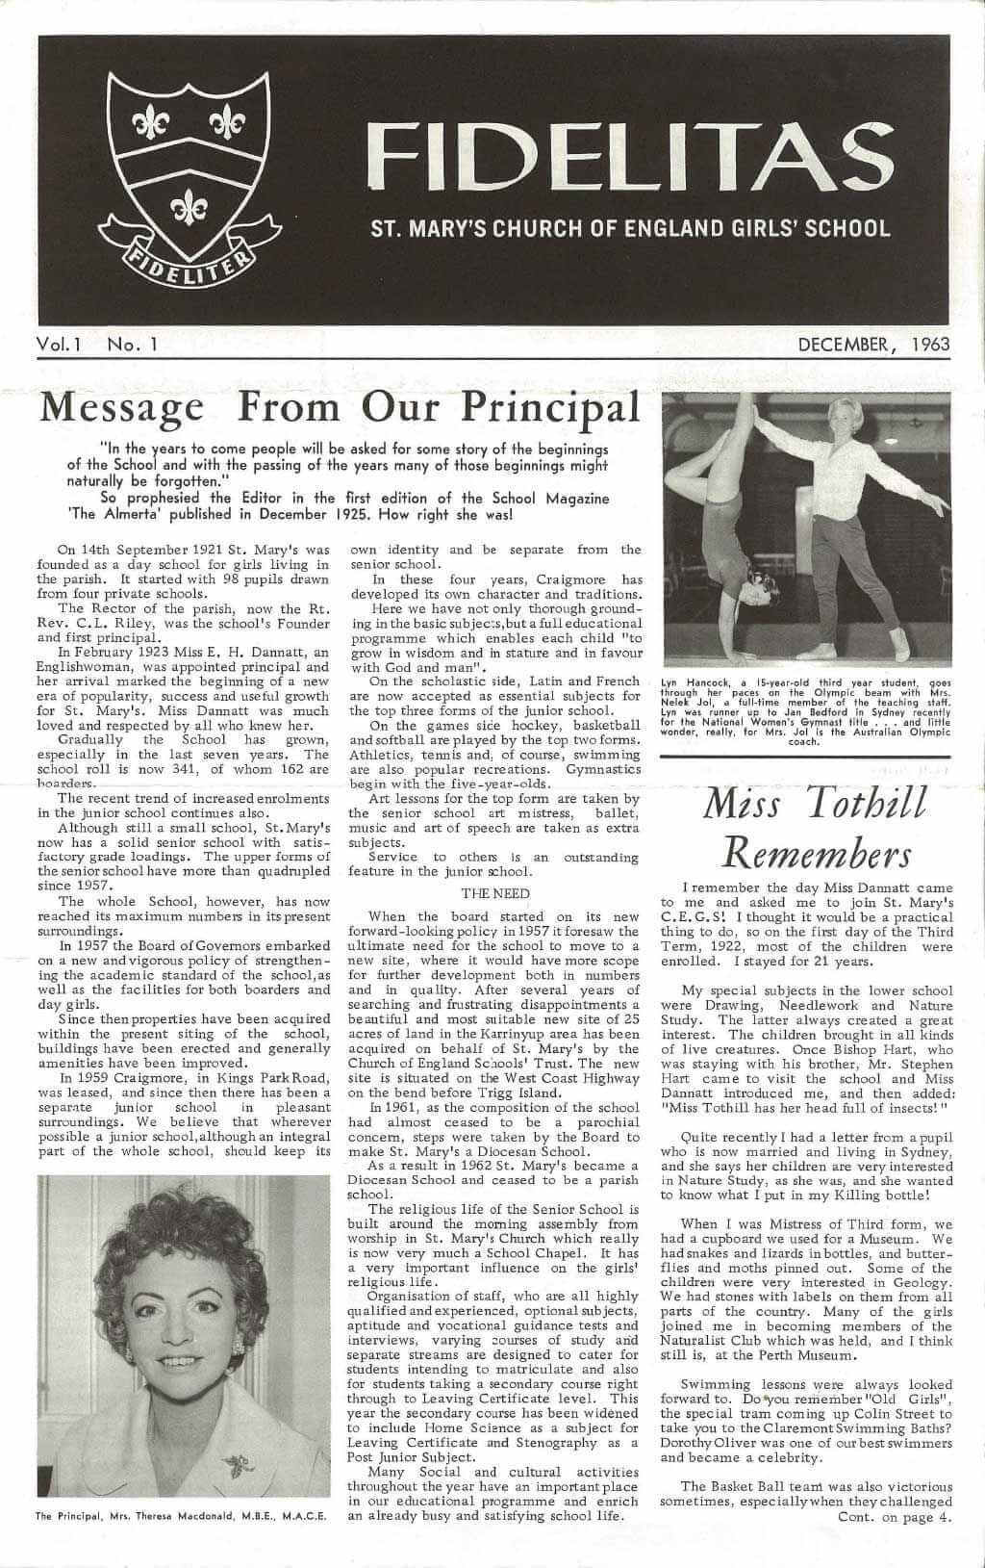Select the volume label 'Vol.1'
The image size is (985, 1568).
point(59,344)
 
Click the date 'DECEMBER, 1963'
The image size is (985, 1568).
point(874,344)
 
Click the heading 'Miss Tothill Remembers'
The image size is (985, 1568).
point(815,826)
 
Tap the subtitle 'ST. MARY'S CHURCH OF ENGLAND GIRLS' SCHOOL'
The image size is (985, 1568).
point(630,229)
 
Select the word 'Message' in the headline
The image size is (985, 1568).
point(121,407)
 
